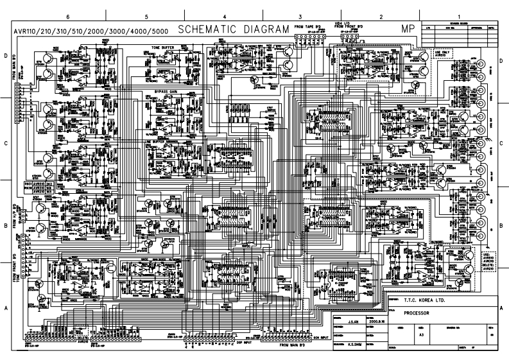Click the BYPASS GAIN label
click(166, 92)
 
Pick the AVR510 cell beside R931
click(38, 183)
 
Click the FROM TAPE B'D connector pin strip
click(308, 37)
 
